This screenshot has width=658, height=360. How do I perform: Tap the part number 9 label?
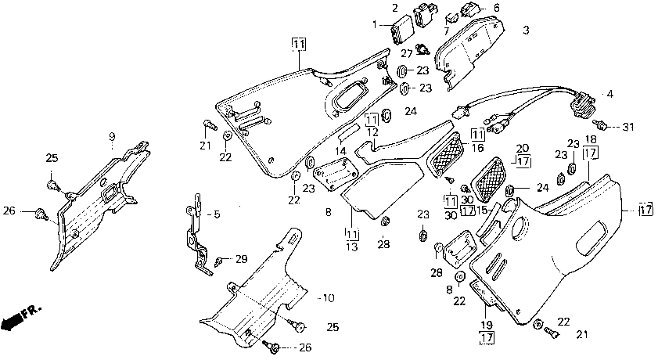coord(112,137)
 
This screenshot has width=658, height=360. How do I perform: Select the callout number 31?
coord(627,126)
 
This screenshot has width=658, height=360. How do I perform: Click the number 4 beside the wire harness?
coord(609,95)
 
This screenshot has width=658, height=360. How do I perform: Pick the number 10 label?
coord(497,8)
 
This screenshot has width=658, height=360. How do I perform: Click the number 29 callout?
coord(241,259)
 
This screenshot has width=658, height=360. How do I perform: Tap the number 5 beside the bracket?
coord(217,214)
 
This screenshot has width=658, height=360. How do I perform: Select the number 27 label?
coord(407,54)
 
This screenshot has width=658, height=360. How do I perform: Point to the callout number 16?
coord(477,148)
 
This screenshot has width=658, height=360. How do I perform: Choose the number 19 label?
coord(487,325)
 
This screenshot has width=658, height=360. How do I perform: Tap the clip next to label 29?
coord(218,262)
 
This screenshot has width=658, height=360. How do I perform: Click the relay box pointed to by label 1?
coord(402,29)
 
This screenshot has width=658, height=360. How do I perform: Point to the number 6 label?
coord(497,8)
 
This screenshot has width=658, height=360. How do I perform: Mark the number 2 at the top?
coord(395,8)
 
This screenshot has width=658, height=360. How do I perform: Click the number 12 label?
coord(372,131)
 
